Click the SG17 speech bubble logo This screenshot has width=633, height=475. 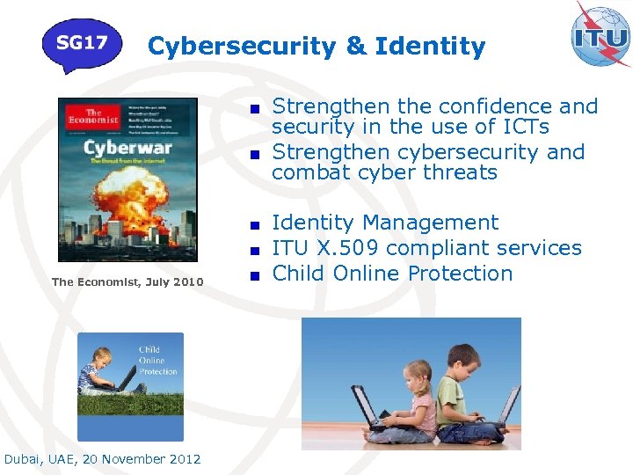(x=82, y=44)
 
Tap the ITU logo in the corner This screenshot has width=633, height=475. (x=600, y=36)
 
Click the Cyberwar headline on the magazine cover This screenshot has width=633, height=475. (x=127, y=147)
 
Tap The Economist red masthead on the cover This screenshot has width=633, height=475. (x=93, y=119)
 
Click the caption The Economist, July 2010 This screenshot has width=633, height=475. (x=127, y=281)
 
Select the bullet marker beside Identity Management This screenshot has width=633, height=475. (x=254, y=224)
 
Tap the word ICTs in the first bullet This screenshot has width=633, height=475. (x=520, y=128)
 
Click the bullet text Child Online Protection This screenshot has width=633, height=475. (x=392, y=274)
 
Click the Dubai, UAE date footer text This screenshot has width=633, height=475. (x=102, y=459)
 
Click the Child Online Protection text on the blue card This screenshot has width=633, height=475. (x=157, y=361)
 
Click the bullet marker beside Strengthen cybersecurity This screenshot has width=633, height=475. (x=254, y=153)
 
